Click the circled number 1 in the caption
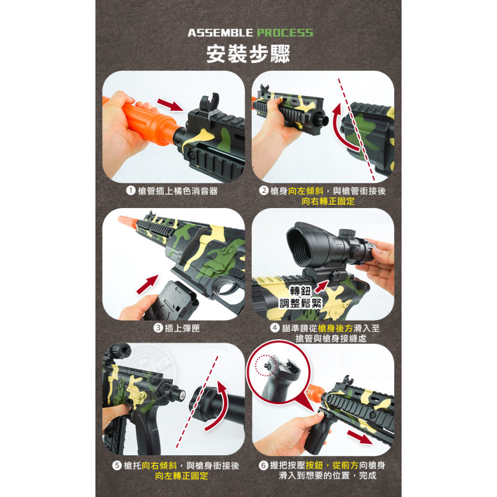pos(131,191)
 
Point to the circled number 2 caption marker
pos(264,191)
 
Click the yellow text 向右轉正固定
pos(328,201)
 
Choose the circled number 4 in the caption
pos(274,328)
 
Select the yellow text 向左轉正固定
pos(182,476)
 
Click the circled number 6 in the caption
pos(264,465)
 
